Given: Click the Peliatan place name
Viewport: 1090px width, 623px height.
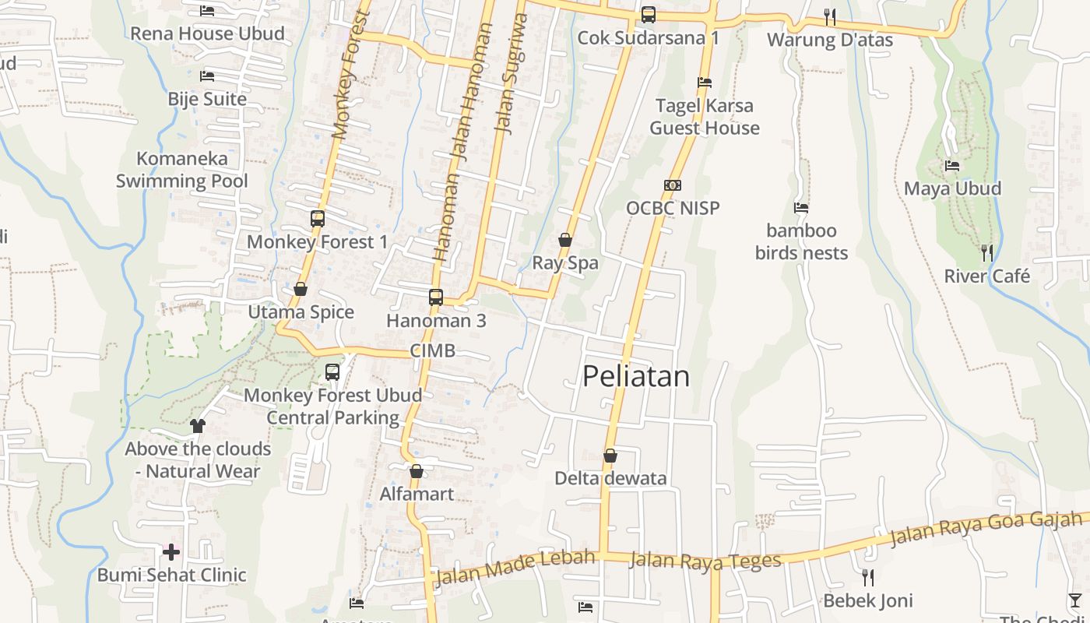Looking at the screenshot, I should coord(636,377).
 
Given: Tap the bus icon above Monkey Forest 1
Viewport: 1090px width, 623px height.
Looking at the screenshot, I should coord(317,219).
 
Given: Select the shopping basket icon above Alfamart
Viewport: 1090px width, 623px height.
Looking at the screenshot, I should coord(417,471).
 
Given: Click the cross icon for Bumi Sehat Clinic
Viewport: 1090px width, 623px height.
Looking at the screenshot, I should coord(171,552).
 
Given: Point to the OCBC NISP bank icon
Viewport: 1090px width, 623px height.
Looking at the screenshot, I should coord(673,185).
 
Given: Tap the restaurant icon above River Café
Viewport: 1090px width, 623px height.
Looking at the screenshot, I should coord(987,252).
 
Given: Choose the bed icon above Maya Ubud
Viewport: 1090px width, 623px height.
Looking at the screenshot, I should coord(952,166).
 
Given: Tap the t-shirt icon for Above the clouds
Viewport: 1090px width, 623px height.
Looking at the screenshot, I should coord(198,425).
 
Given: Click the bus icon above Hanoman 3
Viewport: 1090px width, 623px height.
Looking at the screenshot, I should coord(436,297).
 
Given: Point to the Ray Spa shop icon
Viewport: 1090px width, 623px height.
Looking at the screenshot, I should coord(565,240).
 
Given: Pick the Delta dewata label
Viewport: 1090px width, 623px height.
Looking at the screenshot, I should coord(610,478).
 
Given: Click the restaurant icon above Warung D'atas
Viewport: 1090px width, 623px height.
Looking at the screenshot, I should coord(830,16).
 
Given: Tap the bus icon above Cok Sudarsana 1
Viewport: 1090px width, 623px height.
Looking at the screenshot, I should coord(648,15).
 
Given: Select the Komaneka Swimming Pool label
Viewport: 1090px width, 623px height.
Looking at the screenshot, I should coord(182,170).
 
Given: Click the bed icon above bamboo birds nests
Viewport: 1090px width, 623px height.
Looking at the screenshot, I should coord(801,208).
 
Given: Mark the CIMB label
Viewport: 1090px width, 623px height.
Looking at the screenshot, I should coord(433,350).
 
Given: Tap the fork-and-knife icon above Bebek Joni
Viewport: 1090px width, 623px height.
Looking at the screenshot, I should coord(868,577).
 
